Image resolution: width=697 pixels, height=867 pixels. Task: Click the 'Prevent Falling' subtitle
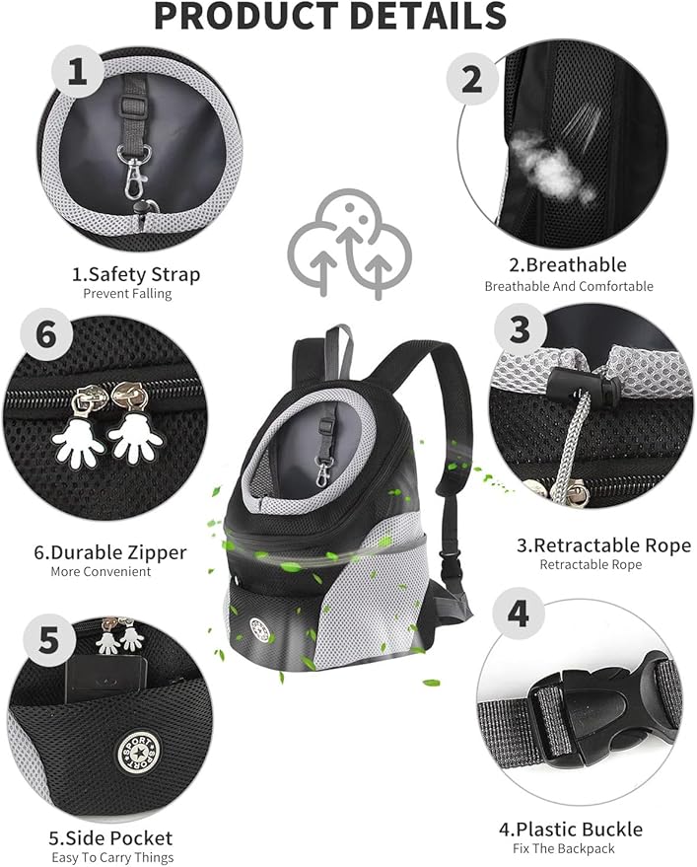point(127,293)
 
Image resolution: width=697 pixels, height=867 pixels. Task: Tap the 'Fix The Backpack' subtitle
point(563,848)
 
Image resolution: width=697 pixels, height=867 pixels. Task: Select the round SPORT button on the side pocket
point(137,752)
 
